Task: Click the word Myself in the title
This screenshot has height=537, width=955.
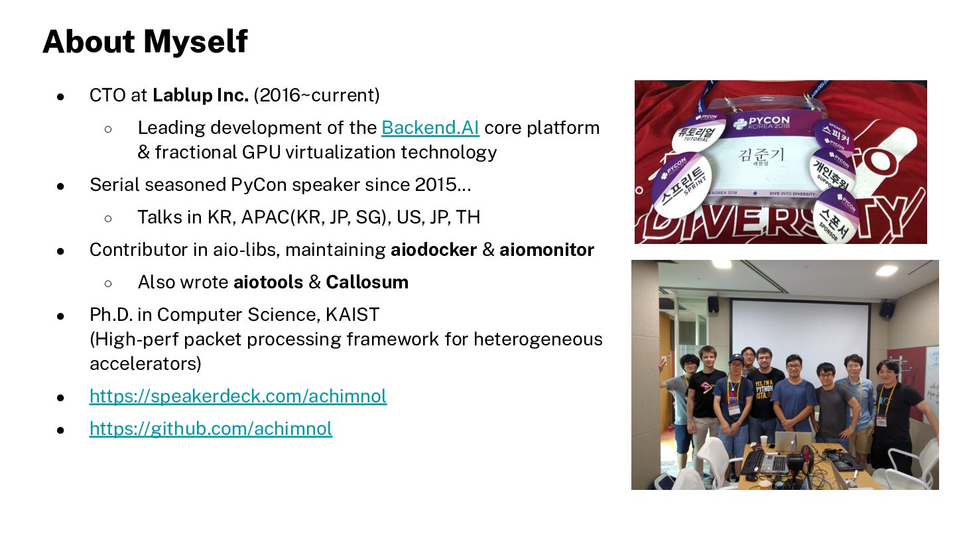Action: click(196, 42)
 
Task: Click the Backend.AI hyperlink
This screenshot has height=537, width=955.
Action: click(430, 128)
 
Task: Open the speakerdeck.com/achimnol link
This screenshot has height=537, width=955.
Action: click(238, 396)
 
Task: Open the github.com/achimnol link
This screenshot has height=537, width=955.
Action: click(211, 429)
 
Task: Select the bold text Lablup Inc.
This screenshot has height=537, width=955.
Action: click(200, 95)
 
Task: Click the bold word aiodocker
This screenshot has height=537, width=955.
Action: click(434, 250)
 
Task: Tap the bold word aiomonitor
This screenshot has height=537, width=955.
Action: click(546, 250)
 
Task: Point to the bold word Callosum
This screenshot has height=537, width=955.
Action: click(367, 282)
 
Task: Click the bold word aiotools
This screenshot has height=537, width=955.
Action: click(268, 282)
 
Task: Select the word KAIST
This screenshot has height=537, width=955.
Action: click(352, 315)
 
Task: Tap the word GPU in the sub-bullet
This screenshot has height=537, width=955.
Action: click(261, 152)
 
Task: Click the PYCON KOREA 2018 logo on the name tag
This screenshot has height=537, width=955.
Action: click(761, 123)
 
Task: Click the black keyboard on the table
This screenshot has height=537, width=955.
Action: click(753, 462)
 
